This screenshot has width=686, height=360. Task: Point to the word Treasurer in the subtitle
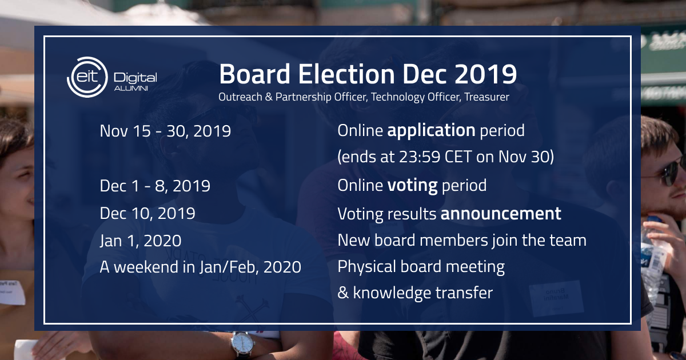[488, 97]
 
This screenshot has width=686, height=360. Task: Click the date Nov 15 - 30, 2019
[165, 131]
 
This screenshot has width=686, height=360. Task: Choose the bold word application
[431, 131]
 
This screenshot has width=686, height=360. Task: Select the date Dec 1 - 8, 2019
[155, 186]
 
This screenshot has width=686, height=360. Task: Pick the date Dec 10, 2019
[147, 213]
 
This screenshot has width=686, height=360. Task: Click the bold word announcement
[501, 213]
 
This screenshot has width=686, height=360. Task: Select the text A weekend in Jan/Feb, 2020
[200, 267]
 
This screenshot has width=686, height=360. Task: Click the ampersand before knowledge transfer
[343, 293]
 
